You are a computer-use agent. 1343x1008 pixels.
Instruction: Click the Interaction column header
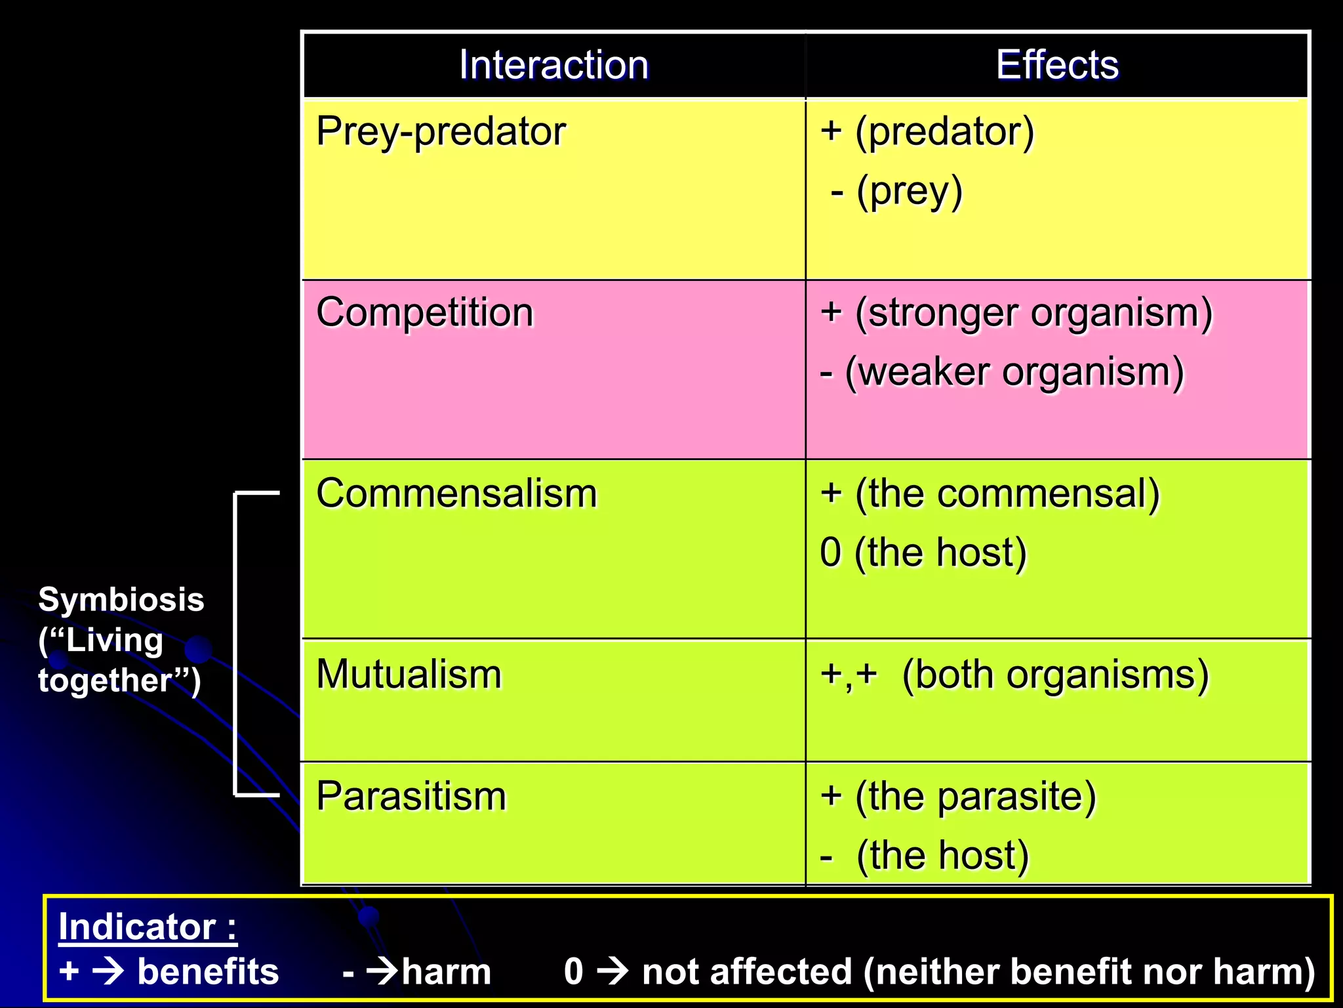tap(553, 65)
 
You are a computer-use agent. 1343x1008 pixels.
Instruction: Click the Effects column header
tap(1057, 65)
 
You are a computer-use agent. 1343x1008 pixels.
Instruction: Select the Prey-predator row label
tap(441, 132)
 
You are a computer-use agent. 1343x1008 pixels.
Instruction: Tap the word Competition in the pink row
tap(425, 312)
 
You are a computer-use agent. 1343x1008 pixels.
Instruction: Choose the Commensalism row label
tap(456, 493)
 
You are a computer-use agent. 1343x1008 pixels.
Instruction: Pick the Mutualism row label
tap(409, 675)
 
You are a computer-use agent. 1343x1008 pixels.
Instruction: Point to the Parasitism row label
tap(411, 797)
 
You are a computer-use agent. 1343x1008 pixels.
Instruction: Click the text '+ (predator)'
tap(927, 132)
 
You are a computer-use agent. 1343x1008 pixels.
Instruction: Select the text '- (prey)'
tap(896, 192)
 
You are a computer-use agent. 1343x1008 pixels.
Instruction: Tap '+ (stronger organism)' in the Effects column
tap(1016, 312)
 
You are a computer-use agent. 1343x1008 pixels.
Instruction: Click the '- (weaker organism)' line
tap(1001, 372)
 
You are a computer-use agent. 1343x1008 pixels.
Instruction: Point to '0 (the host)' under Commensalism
tap(923, 553)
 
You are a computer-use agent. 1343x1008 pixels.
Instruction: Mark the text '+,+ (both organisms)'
tap(1014, 675)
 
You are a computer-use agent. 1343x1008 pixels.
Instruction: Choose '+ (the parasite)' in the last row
tap(957, 797)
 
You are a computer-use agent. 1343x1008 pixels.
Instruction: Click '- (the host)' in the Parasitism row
tap(924, 856)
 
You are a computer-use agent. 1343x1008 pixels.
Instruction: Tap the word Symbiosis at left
tap(121, 600)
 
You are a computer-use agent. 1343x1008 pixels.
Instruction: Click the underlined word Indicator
tap(137, 927)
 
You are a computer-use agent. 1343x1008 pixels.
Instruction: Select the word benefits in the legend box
tap(208, 972)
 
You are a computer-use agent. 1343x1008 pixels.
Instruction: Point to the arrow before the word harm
tap(382, 971)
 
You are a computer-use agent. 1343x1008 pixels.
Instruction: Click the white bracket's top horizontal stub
tap(258, 492)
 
